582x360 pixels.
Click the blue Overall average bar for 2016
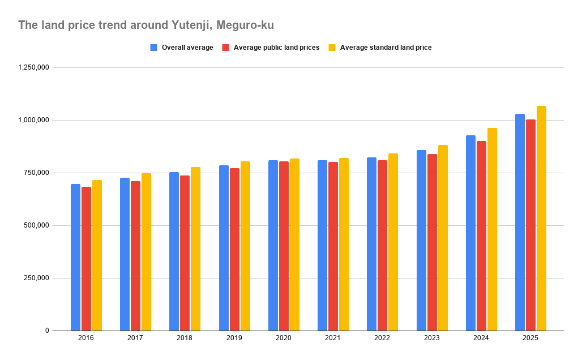[x=75, y=257]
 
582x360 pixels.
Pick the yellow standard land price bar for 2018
[x=195, y=248]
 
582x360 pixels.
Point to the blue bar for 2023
[x=421, y=240]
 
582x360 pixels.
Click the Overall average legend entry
[x=187, y=48]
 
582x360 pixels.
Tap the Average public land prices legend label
[x=276, y=48]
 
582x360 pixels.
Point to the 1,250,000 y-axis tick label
[x=34, y=67]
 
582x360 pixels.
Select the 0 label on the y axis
[x=48, y=331]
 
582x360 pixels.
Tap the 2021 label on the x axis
[x=333, y=338]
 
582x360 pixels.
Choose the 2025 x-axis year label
[x=530, y=338]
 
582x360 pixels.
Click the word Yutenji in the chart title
[x=188, y=25]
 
